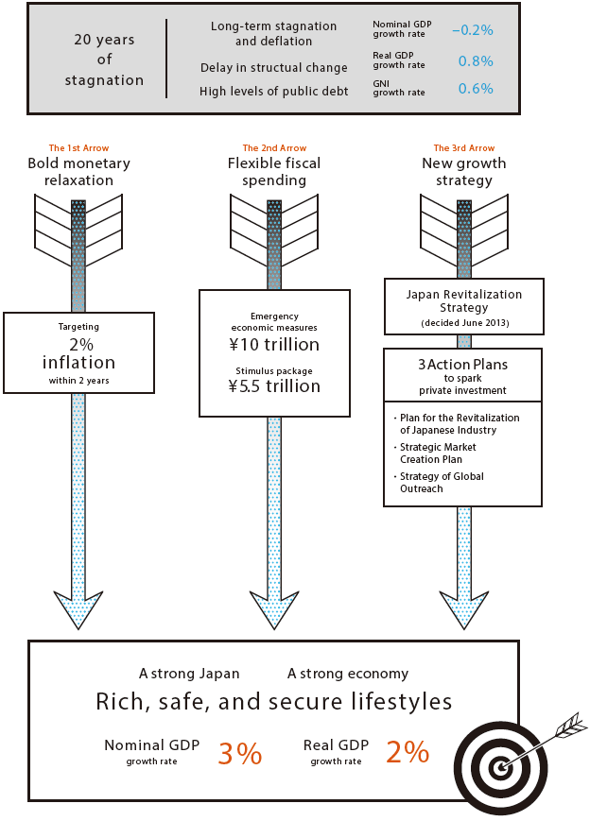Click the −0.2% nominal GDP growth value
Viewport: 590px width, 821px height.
[x=472, y=30]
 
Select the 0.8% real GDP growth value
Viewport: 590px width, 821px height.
[x=476, y=61]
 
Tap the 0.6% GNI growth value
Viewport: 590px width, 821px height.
[x=476, y=89]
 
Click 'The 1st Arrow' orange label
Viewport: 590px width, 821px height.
[x=78, y=148]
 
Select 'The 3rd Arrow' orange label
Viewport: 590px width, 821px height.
[x=463, y=148]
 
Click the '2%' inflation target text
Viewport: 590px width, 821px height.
[x=78, y=345]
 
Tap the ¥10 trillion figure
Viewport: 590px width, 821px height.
[x=274, y=345]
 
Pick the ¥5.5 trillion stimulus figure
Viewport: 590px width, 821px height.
[x=274, y=386]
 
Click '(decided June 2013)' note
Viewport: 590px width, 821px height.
[x=463, y=324]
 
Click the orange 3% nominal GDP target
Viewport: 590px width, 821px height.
[x=239, y=754]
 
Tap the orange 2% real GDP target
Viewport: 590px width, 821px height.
[x=408, y=752]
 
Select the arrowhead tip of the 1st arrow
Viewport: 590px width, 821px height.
[x=78, y=627]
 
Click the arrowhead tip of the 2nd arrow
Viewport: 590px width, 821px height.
[x=274, y=627]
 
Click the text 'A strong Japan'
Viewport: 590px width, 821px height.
[x=189, y=674]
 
